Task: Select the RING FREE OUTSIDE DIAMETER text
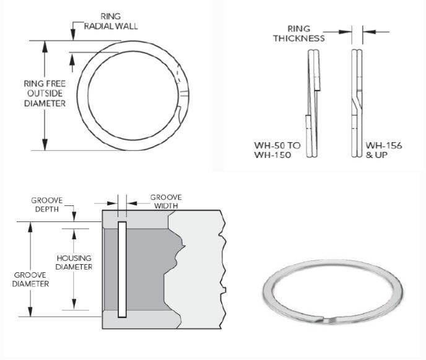(x=45, y=93)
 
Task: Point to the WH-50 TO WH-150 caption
(x=277, y=150)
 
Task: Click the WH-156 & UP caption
(x=383, y=150)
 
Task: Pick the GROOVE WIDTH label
(x=165, y=202)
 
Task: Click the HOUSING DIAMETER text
(x=74, y=262)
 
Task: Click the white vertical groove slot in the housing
(x=121, y=269)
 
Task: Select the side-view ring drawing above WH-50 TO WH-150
(x=313, y=102)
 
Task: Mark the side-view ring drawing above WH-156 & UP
(x=357, y=102)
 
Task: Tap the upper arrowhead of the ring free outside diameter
(x=45, y=45)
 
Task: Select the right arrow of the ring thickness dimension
(x=367, y=31)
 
